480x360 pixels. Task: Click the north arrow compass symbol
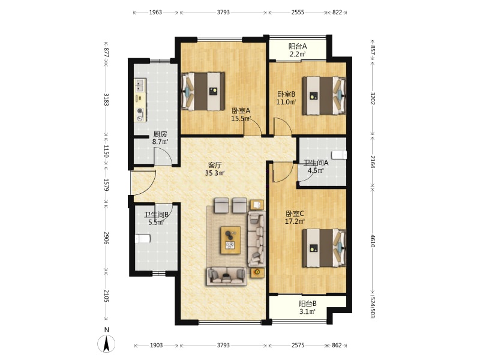pyautogui.click(x=106, y=343)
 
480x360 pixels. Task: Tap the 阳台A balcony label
pyautogui.click(x=298, y=47)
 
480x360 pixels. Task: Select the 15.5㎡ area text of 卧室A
pyautogui.click(x=241, y=118)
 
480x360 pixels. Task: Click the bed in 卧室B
pyautogui.click(x=324, y=96)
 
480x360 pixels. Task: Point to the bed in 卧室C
pyautogui.click(x=324, y=248)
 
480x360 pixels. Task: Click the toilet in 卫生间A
pyautogui.click(x=339, y=155)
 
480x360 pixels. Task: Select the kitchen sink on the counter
pyautogui.click(x=140, y=85)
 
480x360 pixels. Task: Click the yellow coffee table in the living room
pyautogui.click(x=230, y=241)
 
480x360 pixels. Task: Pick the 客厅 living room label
pyautogui.click(x=215, y=166)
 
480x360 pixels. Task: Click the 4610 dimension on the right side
pyautogui.click(x=373, y=241)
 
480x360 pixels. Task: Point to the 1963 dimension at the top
pyautogui.click(x=155, y=13)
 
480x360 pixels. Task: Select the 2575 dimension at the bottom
pyautogui.click(x=298, y=346)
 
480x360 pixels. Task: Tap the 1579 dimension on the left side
pyautogui.click(x=106, y=185)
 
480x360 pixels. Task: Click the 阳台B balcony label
pyautogui.click(x=308, y=304)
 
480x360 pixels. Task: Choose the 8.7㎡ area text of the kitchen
pyautogui.click(x=160, y=142)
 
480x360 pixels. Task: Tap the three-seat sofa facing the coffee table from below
pyautogui.click(x=227, y=277)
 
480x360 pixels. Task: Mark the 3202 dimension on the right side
pyautogui.click(x=373, y=98)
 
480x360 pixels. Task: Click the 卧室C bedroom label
pyautogui.click(x=295, y=214)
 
